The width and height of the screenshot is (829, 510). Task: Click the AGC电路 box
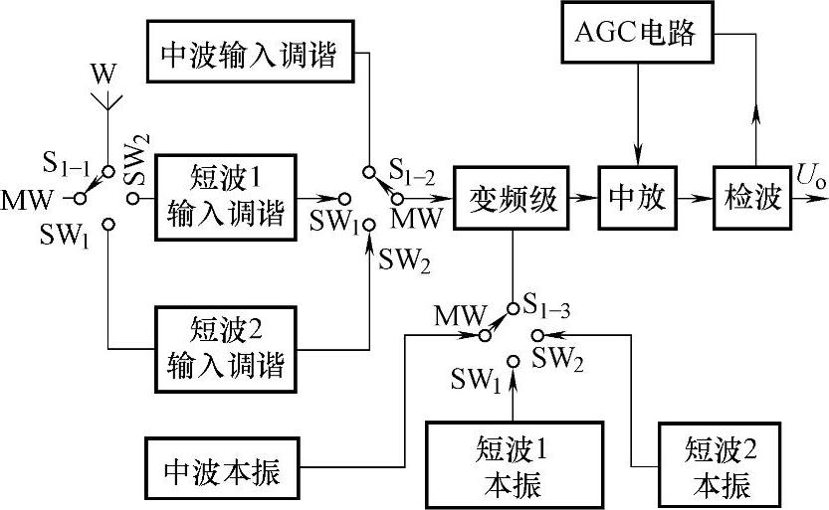click(640, 34)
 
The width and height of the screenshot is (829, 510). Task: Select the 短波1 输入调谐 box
click(226, 196)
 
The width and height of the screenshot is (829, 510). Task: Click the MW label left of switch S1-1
click(28, 197)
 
